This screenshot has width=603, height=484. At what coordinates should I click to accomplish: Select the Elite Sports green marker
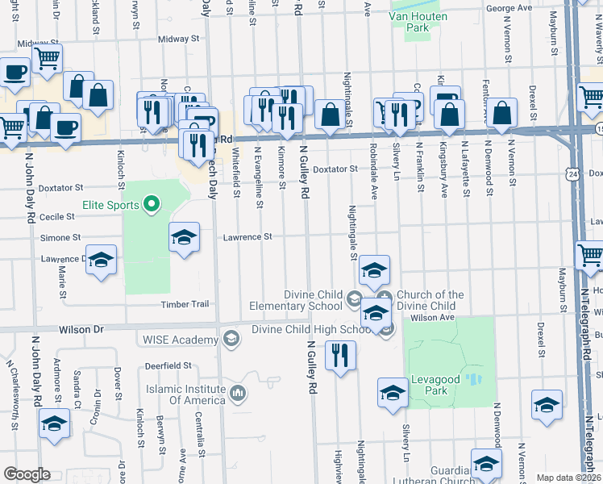point(150,205)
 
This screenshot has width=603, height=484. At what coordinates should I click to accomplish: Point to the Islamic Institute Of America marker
point(238,394)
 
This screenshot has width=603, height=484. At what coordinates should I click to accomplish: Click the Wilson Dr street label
point(81,330)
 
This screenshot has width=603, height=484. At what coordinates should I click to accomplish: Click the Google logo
point(27,474)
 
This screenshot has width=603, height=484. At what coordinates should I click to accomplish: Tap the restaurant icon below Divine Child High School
point(339,354)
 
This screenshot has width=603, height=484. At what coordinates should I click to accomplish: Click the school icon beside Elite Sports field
point(184,238)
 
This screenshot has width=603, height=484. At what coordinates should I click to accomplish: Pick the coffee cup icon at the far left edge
point(12,73)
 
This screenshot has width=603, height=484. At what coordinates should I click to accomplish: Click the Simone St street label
point(60,238)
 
